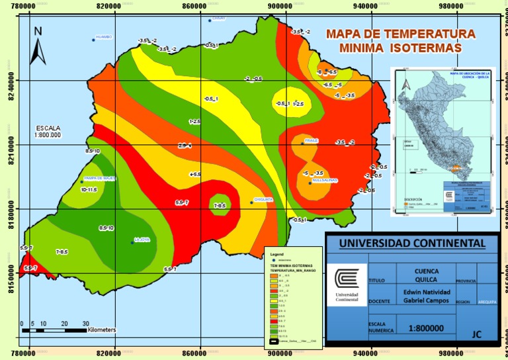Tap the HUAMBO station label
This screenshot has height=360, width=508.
pos(104,37)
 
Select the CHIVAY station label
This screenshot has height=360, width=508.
pos(219,18)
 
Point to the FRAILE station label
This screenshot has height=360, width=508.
pos(312,140)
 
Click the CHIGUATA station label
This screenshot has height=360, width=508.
pos(263,199)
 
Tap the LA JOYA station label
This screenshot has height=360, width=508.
pos(142,240)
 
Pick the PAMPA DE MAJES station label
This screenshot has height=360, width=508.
pos(100,178)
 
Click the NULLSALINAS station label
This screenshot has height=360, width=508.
pos(324,179)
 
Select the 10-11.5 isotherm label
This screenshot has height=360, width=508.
pos(89,189)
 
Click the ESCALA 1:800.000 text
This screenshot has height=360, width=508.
pos(48,131)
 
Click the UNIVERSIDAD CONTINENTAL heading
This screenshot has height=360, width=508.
pos(412,243)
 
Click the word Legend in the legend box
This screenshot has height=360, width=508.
pos(276,253)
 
